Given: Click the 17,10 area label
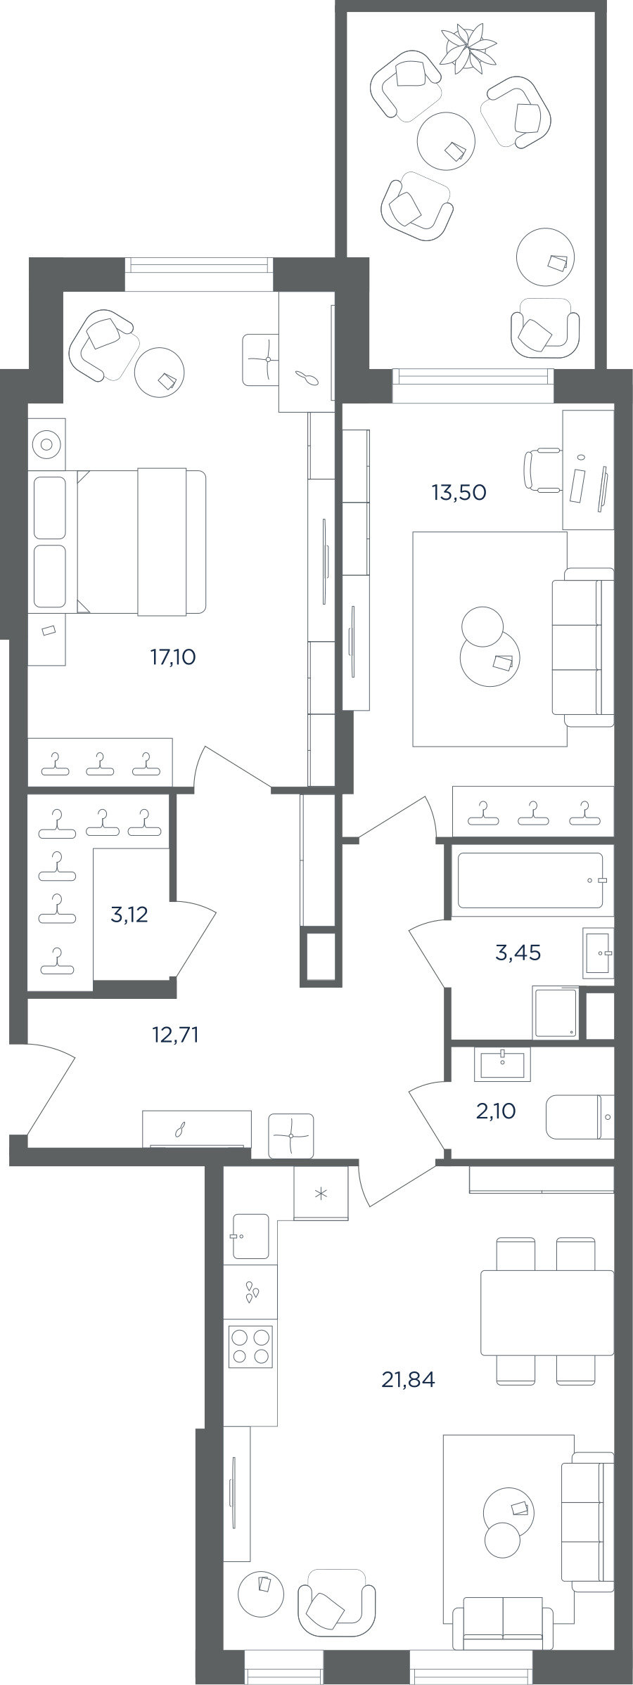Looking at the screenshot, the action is [172, 657].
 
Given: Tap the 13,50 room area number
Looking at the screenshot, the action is [459, 493].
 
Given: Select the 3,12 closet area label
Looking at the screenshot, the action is [129, 915].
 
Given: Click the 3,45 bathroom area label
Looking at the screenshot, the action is [518, 953].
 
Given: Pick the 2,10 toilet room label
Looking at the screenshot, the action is [496, 1111].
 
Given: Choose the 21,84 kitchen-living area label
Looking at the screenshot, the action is [408, 1380].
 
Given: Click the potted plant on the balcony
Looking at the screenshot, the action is [467, 47].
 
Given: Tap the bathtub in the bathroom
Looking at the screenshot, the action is [531, 880].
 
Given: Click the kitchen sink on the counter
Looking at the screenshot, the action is [250, 1237].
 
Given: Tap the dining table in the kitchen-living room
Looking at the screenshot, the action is [547, 1312].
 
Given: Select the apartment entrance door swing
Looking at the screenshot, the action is [42, 1088].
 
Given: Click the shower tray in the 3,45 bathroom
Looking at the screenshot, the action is [556, 1012].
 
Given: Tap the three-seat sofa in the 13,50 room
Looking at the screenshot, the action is [583, 647].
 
